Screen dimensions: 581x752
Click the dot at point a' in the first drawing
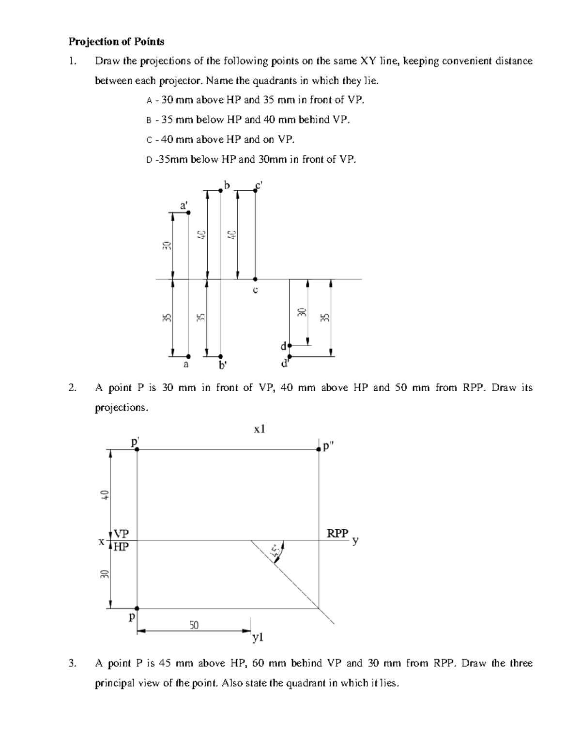[188, 212]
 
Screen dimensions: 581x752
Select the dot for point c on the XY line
[255, 279]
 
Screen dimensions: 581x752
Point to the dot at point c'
[255, 190]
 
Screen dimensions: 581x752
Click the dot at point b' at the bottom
[220, 355]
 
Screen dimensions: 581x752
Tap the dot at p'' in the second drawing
[319, 449]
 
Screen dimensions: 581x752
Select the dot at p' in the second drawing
[137, 449]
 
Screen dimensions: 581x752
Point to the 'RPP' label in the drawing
[337, 534]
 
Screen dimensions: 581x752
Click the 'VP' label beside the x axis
[121, 534]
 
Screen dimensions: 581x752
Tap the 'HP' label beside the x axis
[121, 547]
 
